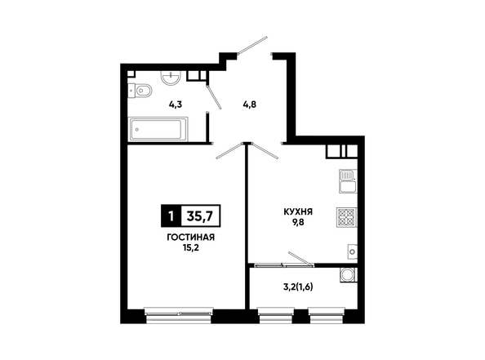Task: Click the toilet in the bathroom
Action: click(x=140, y=91)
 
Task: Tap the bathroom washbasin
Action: click(x=171, y=78)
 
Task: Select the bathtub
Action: click(x=158, y=129)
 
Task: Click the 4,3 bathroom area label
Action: click(x=176, y=104)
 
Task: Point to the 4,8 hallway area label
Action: click(x=250, y=104)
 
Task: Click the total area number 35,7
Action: click(x=200, y=216)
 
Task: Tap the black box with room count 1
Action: click(x=171, y=216)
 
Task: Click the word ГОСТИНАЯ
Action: click(x=191, y=238)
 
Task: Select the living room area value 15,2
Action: click(x=190, y=247)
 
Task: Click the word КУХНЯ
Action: click(x=298, y=212)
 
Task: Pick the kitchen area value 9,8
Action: click(x=298, y=222)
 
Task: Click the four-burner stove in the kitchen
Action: click(x=347, y=217)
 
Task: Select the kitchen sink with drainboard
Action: click(x=349, y=181)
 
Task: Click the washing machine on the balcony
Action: click(x=349, y=275)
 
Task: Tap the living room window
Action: click(x=179, y=315)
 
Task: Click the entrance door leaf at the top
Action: click(x=252, y=46)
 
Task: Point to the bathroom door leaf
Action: click(x=214, y=97)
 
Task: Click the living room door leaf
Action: click(x=229, y=151)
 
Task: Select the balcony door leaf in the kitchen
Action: click(x=300, y=259)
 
